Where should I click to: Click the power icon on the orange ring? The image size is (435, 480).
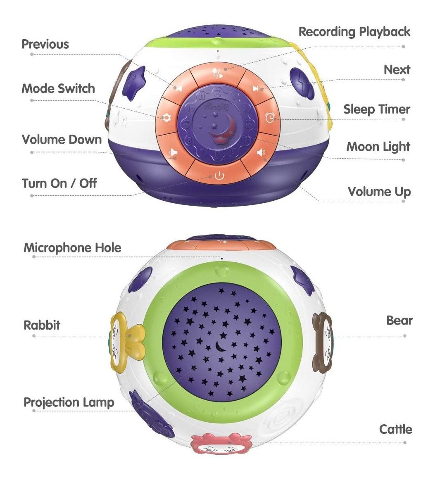point(219,177)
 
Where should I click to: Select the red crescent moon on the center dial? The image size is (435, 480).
point(218,131)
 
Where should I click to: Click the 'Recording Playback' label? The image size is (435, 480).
point(354,32)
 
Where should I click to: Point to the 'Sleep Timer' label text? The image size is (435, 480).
point(376,109)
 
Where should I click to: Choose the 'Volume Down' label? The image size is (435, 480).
point(62,140)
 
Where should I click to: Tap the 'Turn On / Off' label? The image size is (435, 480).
point(59,183)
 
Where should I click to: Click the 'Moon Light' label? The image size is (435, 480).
point(378,147)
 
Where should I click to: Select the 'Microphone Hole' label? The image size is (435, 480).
point(72,248)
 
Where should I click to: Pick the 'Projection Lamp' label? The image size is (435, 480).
point(69,402)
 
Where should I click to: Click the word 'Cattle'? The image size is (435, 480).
point(395,429)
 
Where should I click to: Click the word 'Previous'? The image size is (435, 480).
point(45,44)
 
